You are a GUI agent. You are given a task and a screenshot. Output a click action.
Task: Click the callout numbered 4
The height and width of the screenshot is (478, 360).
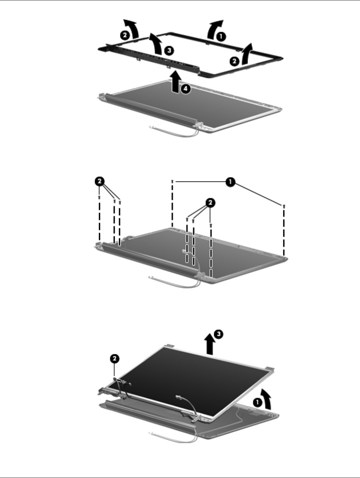click(186, 89)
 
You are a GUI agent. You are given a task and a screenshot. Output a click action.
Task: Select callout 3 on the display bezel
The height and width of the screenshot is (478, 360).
click(169, 50)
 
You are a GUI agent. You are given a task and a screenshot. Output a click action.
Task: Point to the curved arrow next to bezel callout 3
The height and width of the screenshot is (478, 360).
click(156, 44)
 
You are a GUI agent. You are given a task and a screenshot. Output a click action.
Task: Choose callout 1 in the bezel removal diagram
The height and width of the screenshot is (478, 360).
click(221, 37)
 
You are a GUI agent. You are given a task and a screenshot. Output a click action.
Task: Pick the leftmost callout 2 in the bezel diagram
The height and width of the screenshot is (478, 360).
click(125, 35)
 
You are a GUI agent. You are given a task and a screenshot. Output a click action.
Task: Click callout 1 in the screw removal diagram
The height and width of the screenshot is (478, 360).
click(230, 182)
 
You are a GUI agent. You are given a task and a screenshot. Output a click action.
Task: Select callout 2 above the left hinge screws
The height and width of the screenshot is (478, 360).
click(99, 181)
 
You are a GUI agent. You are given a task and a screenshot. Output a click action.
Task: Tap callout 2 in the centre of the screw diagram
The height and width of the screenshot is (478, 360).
click(210, 203)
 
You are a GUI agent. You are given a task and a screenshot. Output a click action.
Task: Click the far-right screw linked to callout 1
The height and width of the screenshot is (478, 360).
click(284, 206)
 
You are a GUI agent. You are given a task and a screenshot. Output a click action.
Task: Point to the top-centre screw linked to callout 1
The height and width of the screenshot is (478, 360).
click(172, 181)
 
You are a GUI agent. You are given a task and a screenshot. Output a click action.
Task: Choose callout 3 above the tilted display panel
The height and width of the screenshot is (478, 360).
click(218, 334)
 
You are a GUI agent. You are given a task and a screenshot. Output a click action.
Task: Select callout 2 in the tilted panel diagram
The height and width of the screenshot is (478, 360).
click(115, 359)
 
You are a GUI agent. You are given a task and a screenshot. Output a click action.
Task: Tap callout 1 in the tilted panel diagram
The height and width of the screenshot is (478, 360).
click(258, 402)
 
